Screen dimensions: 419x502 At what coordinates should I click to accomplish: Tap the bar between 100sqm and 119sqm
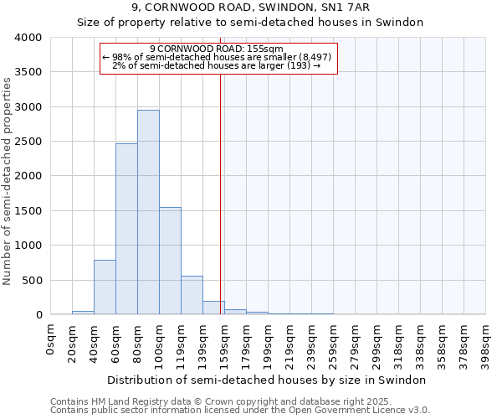[170, 261]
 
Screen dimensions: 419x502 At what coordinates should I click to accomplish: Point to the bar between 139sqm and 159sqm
[213, 308]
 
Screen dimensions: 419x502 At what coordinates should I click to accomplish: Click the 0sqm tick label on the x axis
[52, 342]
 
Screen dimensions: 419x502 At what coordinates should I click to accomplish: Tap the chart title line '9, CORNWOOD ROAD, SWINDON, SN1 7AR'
[250, 8]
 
